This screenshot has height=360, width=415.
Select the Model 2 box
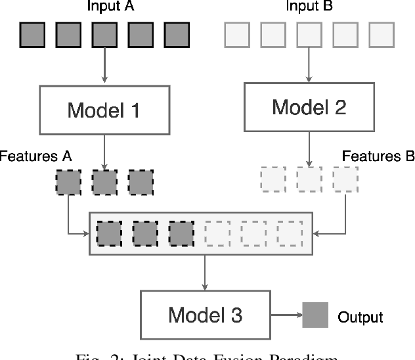click(x=309, y=106)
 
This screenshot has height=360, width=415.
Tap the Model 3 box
click(x=206, y=315)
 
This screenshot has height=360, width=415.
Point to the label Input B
click(x=309, y=7)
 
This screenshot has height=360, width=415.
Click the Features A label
click(x=35, y=156)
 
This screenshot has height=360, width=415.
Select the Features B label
click(x=378, y=156)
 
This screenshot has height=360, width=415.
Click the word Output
click(x=360, y=317)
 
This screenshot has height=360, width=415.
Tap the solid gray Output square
click(x=315, y=315)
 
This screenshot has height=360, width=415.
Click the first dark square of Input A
click(x=32, y=35)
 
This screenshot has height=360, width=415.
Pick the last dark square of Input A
click(x=176, y=35)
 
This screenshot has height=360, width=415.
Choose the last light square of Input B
click(x=381, y=35)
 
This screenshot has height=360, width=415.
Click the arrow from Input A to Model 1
click(x=104, y=66)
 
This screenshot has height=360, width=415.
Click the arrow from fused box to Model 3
click(x=206, y=272)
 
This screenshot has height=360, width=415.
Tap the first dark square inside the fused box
click(x=109, y=233)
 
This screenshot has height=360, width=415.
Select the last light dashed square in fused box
click(x=289, y=233)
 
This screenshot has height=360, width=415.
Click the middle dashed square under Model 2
click(x=309, y=179)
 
